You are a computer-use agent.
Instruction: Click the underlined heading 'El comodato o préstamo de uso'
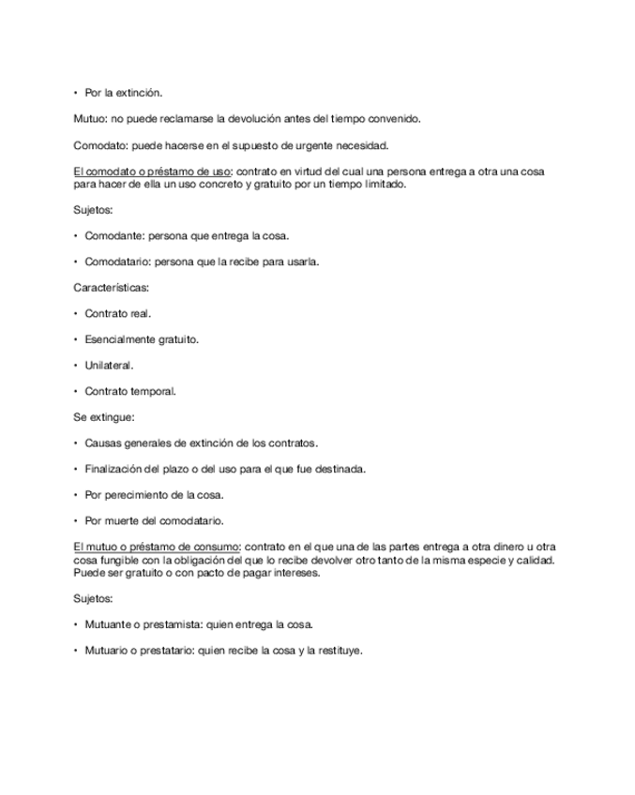[152, 172]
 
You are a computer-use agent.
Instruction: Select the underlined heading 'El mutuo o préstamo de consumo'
[157, 547]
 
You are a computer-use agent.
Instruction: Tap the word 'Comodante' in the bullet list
[112, 236]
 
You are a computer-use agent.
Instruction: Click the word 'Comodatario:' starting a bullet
[117, 262]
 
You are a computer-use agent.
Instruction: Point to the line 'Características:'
[111, 288]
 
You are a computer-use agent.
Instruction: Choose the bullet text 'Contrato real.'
[117, 314]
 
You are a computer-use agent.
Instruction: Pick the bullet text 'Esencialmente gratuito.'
[142, 339]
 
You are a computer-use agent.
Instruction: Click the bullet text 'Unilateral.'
[109, 366]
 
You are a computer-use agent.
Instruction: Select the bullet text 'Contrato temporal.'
[130, 392]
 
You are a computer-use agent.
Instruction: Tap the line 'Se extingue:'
[103, 417]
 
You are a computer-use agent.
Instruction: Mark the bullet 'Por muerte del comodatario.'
[154, 521]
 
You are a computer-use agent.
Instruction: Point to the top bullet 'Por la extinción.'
[124, 93]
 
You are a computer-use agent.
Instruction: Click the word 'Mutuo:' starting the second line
[90, 119]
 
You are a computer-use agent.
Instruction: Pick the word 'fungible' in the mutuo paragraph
[115, 561]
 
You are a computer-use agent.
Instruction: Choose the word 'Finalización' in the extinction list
[113, 469]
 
